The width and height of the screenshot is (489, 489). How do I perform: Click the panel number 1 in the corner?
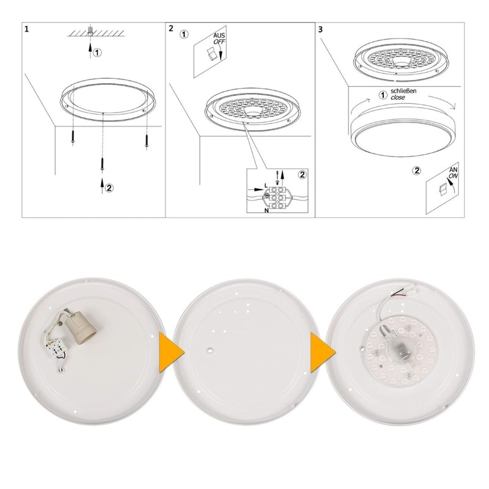26,29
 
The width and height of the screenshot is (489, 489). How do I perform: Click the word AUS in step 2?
219,36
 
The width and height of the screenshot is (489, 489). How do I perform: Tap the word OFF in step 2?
219,43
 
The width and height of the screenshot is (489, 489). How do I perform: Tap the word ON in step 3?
453,175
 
